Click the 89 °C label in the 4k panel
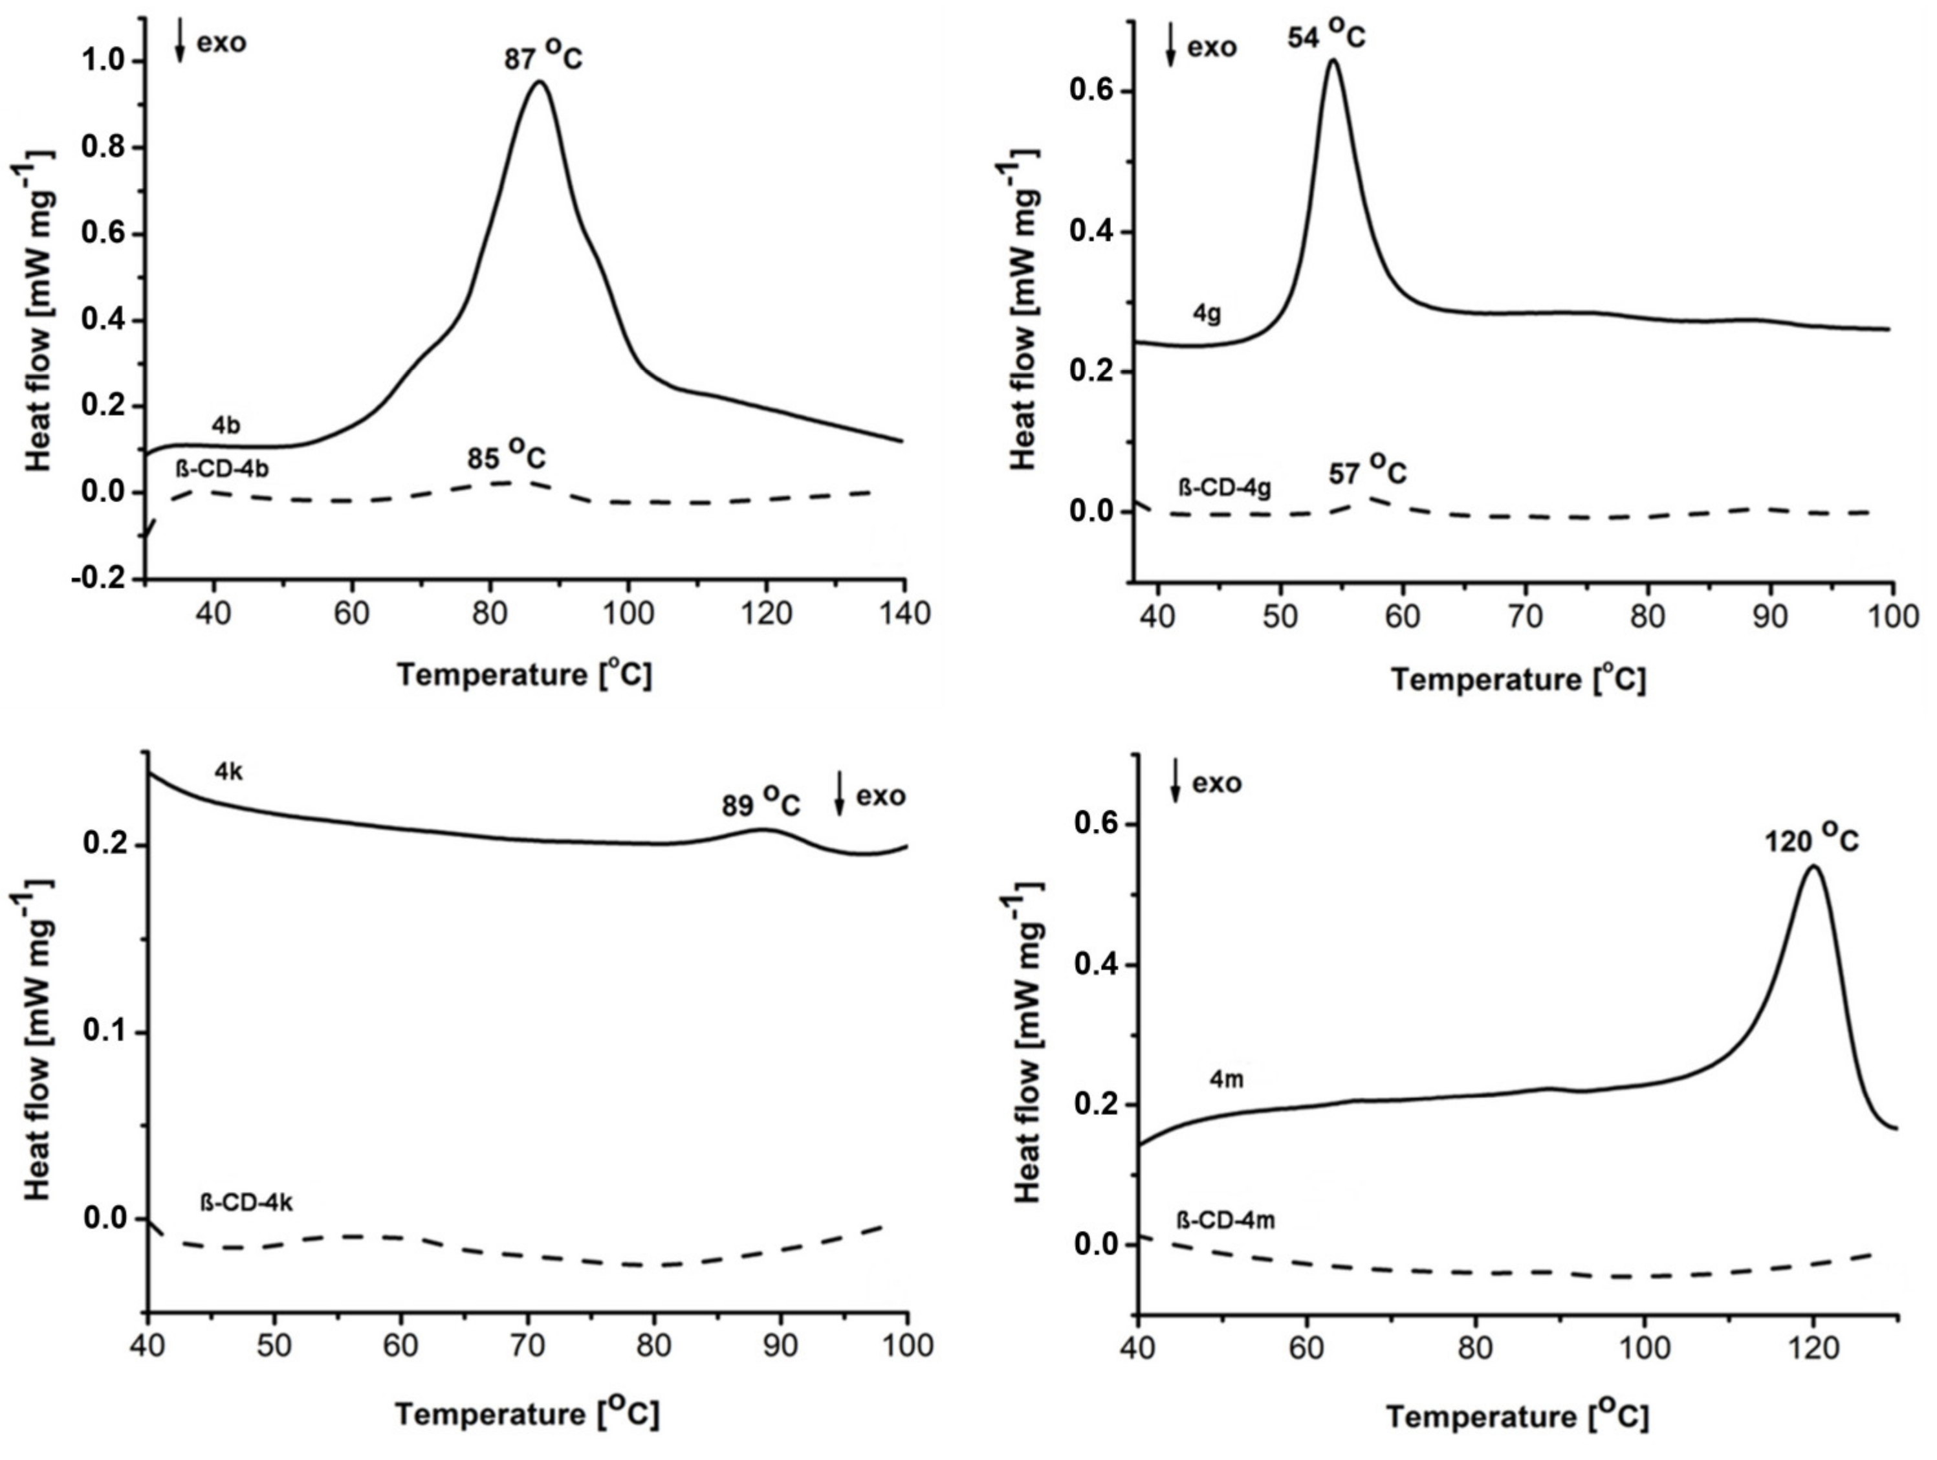(760, 802)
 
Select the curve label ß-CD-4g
(1224, 487)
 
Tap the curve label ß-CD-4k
(247, 1202)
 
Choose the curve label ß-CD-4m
(1225, 1219)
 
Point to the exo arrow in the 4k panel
(839, 793)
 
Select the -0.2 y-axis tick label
(98, 579)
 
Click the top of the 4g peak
(1333, 60)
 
